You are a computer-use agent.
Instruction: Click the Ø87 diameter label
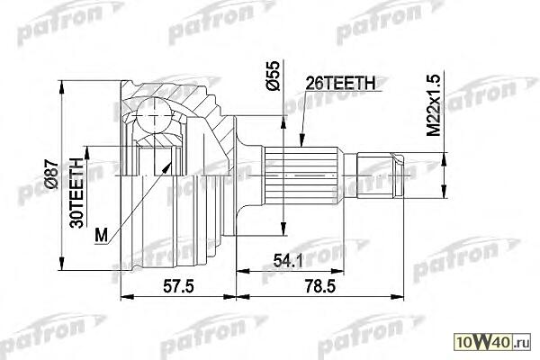(x=51, y=174)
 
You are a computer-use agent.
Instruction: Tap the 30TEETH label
(x=77, y=193)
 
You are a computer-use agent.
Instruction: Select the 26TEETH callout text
(x=340, y=83)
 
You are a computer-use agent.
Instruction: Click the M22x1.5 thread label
(x=434, y=105)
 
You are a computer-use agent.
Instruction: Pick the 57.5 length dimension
(x=178, y=285)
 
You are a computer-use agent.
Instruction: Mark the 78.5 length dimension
(x=319, y=285)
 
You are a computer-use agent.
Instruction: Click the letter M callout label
(x=101, y=235)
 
